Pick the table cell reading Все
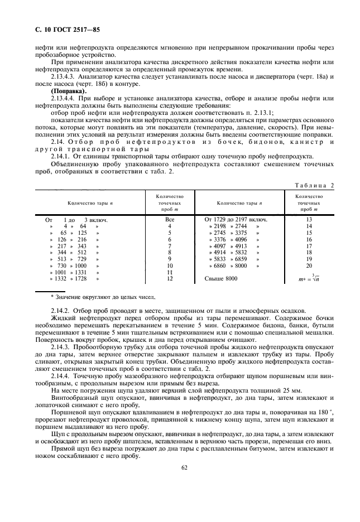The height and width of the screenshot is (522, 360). pos(169,220)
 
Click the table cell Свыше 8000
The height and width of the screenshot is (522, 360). pos(221,278)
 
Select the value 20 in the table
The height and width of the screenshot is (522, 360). pos(309,266)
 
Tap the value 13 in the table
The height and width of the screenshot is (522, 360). pos(309,220)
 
